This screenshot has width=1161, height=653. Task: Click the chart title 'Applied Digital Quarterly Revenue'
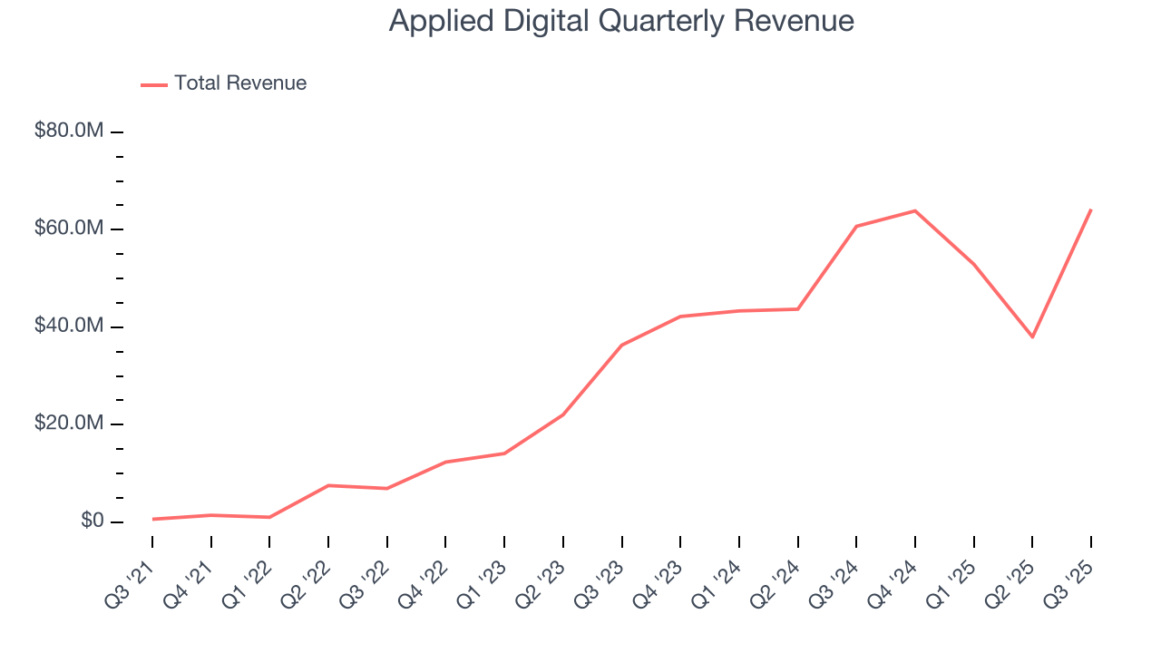(621, 21)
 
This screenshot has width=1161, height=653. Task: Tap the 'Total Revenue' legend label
(240, 83)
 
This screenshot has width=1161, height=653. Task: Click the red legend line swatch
(154, 84)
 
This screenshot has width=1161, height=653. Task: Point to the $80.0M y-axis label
(69, 131)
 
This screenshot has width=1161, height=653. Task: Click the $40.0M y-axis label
(69, 326)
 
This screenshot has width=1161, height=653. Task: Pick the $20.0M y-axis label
(69, 424)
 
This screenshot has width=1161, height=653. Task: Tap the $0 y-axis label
(92, 521)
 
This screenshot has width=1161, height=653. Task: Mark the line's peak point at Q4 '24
(914, 210)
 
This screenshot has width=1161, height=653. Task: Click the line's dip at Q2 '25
(1032, 336)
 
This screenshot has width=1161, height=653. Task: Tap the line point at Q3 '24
(856, 226)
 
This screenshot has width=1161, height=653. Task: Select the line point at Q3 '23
(621, 345)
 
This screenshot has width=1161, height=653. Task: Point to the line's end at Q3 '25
(1090, 210)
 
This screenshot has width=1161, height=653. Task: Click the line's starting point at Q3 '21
(152, 519)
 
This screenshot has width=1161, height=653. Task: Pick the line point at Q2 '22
(328, 485)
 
